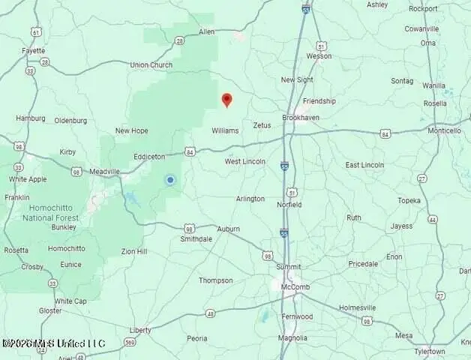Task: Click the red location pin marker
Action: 227,99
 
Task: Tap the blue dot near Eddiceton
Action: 170,180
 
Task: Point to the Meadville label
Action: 104,172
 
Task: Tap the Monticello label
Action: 444,130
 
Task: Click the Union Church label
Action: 151,65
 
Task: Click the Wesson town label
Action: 318,56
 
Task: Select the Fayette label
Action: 34,51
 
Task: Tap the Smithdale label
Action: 196,239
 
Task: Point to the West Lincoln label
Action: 245,161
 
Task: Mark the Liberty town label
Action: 140,330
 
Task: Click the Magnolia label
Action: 292,338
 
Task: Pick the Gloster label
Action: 51,310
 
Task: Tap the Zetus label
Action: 262,125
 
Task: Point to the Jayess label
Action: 401,225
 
